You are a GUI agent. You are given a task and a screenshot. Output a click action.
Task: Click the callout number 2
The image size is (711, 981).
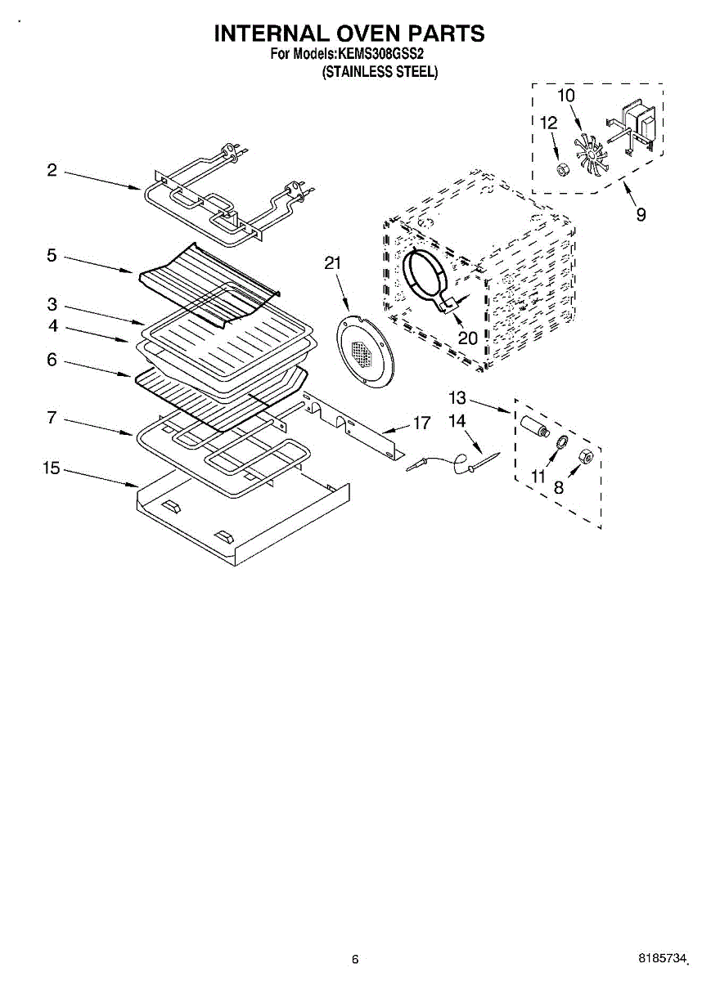point(52,170)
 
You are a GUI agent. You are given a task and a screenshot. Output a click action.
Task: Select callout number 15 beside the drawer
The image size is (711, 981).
point(52,468)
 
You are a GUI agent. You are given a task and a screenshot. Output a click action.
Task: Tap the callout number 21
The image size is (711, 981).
point(332,263)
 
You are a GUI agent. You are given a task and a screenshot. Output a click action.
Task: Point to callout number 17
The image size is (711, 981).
point(421,423)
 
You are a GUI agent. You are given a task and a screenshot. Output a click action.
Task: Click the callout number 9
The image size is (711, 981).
point(641,214)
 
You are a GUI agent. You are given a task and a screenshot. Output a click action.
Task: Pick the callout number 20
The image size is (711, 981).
point(467,337)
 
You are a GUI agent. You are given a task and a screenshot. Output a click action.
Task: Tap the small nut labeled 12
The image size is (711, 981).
point(562,169)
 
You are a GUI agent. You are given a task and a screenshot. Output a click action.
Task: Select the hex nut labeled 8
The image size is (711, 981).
point(586,456)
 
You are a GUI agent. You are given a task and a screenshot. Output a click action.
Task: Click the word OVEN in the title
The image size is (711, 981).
point(349,34)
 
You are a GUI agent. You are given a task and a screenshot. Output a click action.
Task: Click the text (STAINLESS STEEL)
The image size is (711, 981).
point(380,72)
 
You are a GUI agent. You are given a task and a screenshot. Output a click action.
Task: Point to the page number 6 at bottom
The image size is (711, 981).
point(354,960)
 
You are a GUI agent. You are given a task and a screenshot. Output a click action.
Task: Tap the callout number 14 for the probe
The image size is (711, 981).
point(457,420)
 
